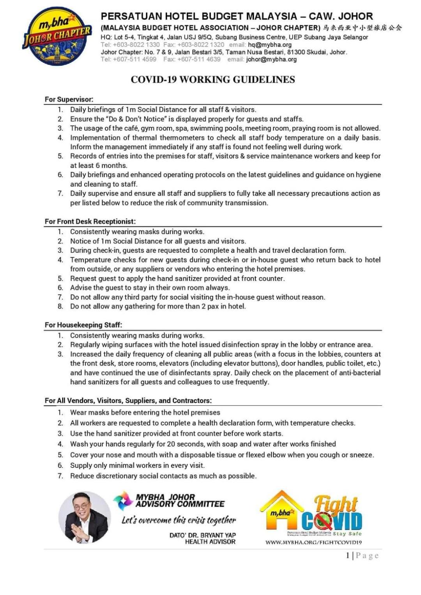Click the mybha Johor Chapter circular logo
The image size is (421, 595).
[57, 36]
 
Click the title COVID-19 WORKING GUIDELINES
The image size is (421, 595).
[212, 79]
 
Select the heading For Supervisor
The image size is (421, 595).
[69, 99]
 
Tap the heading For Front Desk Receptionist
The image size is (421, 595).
[90, 222]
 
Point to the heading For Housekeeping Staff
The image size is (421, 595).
[83, 325]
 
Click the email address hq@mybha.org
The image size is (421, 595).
[270, 45]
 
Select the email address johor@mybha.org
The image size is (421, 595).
[271, 60]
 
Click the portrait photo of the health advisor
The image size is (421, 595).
[85, 517]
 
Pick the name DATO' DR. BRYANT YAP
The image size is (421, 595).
[202, 535]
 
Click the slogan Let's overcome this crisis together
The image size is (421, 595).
[179, 520]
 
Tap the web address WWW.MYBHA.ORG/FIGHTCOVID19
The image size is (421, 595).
[314, 542]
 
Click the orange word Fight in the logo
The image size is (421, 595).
[336, 504]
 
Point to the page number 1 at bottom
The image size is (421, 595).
[348, 556]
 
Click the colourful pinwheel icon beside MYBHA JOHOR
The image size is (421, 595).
[123, 501]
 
